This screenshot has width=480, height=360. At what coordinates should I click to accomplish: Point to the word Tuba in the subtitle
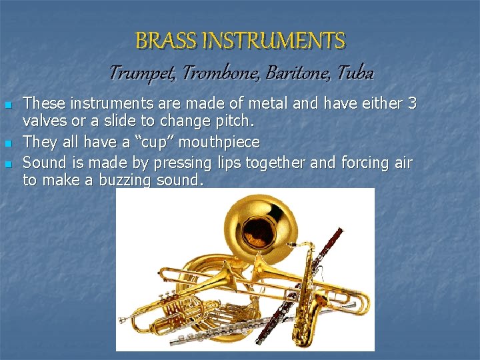point(356,72)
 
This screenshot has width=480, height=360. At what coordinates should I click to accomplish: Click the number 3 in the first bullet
point(412,103)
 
